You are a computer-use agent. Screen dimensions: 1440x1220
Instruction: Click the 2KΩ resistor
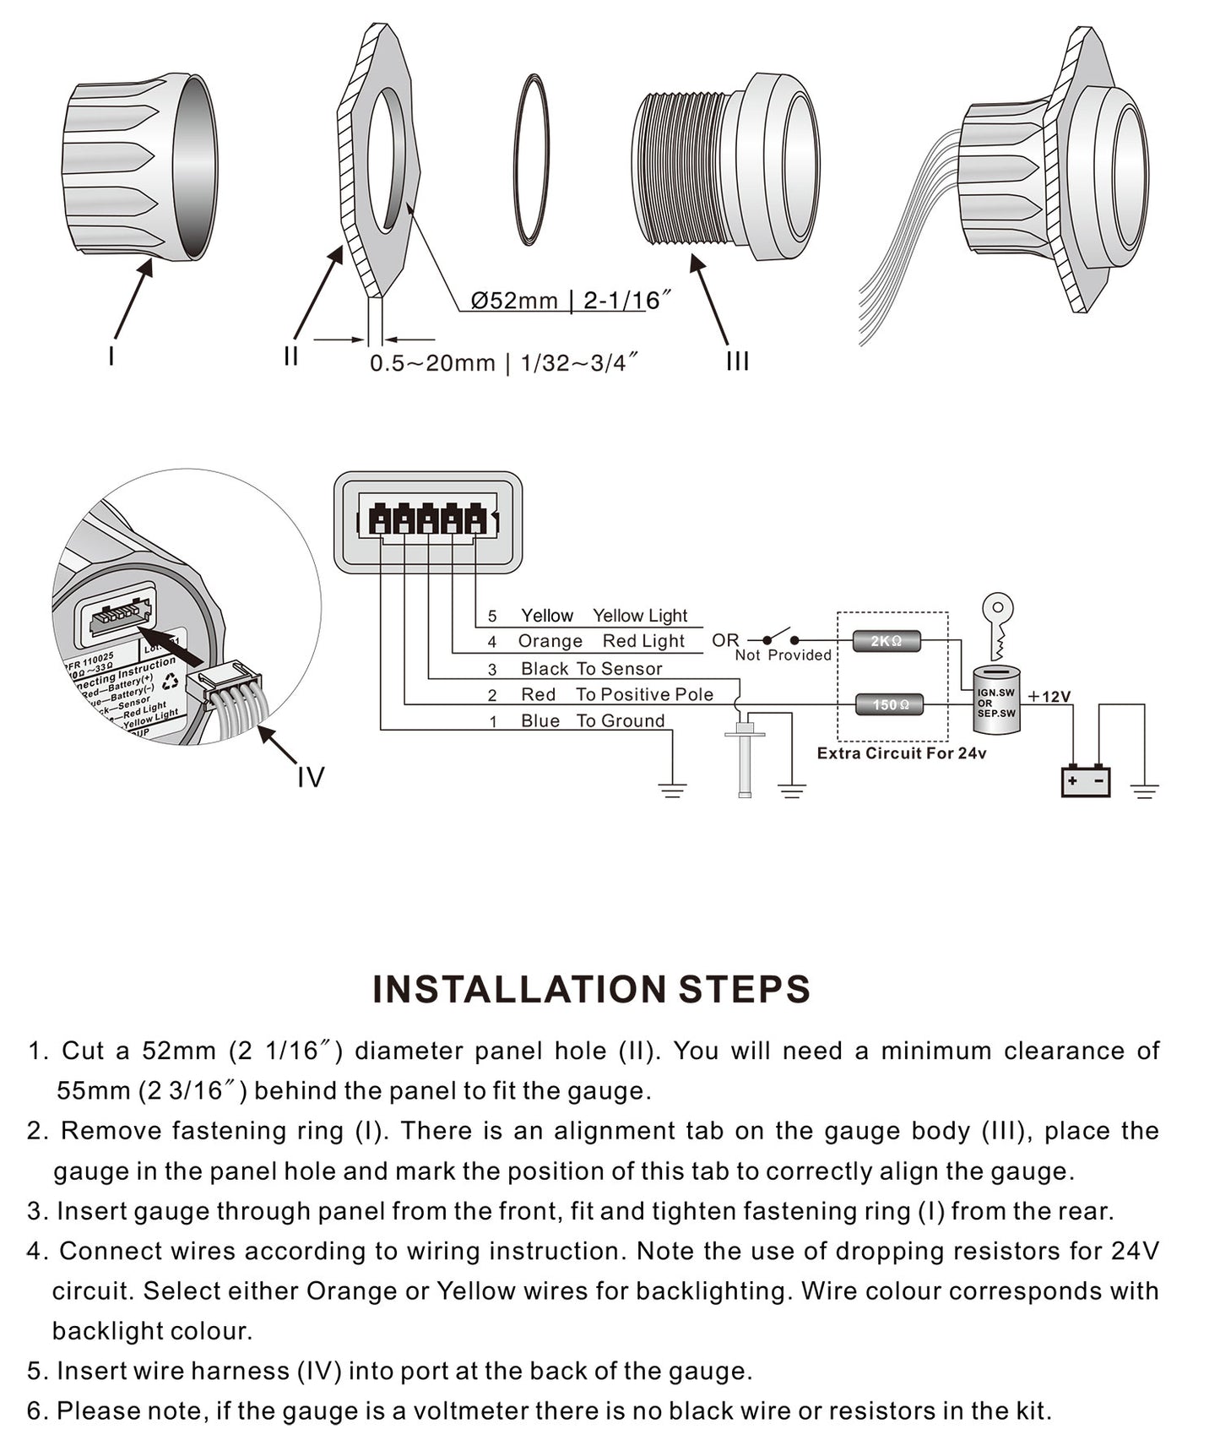pos(886,641)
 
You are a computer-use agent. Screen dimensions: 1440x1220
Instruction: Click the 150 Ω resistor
pos(890,704)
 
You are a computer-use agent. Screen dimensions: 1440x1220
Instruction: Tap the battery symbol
pos(1085,781)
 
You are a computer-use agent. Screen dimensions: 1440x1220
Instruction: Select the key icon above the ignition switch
pos(998,625)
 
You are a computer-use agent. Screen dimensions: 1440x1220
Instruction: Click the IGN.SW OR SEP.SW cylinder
pos(996,699)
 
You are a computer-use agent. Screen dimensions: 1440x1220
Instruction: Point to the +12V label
pos(1049,697)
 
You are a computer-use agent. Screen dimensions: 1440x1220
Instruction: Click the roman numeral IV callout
pos(311,777)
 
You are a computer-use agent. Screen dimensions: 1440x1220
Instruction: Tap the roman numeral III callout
pos(737,361)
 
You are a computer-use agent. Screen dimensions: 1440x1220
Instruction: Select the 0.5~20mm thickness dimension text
pos(503,363)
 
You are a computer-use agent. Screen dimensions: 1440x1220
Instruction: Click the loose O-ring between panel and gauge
pos(532,160)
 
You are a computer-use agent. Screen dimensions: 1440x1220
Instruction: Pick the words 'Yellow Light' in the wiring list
pos(639,616)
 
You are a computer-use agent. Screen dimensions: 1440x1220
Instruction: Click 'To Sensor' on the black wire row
pos(619,669)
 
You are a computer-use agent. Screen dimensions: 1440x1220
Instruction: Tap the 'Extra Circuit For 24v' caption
pos(901,753)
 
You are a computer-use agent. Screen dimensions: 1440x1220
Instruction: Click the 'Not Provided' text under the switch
pos(783,655)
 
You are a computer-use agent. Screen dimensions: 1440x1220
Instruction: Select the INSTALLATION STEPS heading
pos(591,989)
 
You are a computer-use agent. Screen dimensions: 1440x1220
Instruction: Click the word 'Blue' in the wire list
pos(540,721)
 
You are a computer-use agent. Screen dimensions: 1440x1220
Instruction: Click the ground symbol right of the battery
pos(1144,791)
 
